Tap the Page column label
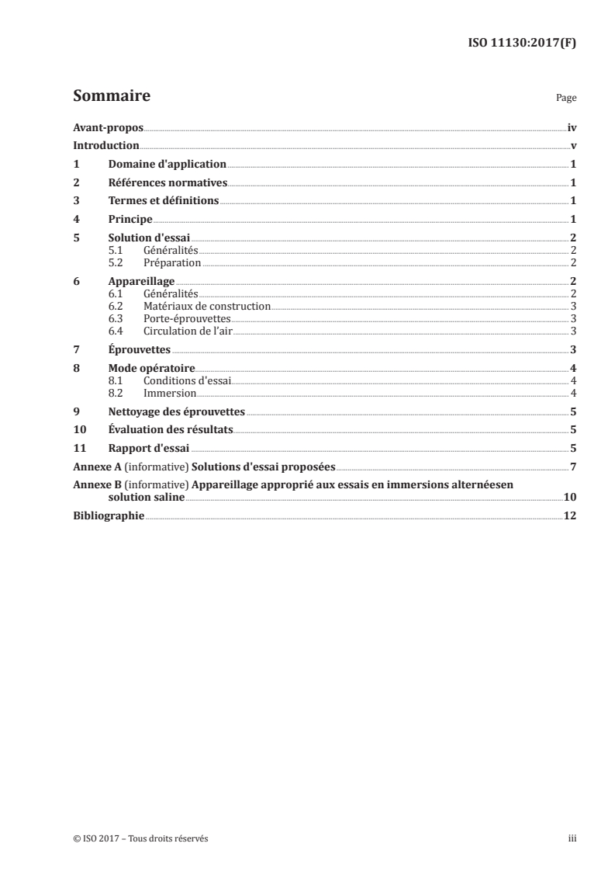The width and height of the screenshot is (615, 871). (566, 99)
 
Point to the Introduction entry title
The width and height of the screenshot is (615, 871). (105, 146)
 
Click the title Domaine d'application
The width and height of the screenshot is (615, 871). (167, 165)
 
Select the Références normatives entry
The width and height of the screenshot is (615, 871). (167, 183)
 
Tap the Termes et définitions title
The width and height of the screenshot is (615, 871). (164, 201)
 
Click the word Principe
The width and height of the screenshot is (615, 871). (130, 220)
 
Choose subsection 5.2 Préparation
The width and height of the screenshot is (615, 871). (171, 263)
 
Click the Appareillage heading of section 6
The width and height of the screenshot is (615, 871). (141, 281)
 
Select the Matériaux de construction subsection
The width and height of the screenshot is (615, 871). (206, 307)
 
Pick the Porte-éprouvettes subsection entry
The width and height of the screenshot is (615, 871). (187, 319)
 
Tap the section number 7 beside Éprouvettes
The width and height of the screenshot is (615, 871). (76, 350)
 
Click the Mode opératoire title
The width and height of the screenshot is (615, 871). (151, 369)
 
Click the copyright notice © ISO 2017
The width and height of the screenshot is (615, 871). (140, 838)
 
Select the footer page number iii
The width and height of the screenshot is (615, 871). (572, 838)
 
